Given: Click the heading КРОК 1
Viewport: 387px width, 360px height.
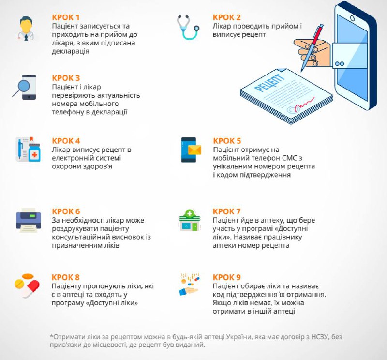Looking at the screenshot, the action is [x=66, y=17].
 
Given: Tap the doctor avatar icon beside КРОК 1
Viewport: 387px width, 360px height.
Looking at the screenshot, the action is [x=26, y=29].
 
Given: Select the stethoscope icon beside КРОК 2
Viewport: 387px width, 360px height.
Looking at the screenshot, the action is [x=188, y=27].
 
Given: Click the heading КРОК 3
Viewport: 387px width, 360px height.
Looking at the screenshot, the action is [x=66, y=78].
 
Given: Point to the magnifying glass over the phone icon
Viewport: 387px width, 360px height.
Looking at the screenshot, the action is [x=22, y=88].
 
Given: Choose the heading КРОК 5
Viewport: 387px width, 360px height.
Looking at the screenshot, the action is [x=227, y=141].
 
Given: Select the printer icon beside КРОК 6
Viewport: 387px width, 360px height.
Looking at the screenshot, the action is [x=29, y=220].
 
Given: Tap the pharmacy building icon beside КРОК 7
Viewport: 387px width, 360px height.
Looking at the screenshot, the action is [x=190, y=220].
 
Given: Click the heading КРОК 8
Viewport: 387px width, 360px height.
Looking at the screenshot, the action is [x=66, y=277].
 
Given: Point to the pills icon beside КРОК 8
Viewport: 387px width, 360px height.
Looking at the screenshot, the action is [x=27, y=285].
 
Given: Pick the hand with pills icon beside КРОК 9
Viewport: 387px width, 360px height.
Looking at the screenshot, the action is [x=189, y=285].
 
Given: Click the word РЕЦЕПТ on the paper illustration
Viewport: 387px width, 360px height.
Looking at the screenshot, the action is [x=269, y=83].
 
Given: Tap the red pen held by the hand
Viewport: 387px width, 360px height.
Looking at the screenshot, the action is [x=312, y=47].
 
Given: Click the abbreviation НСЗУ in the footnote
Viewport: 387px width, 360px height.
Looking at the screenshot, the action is [x=320, y=337].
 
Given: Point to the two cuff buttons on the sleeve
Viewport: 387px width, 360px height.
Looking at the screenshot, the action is [x=340, y=64].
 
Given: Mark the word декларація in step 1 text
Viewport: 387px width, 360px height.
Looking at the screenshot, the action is [x=70, y=51].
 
